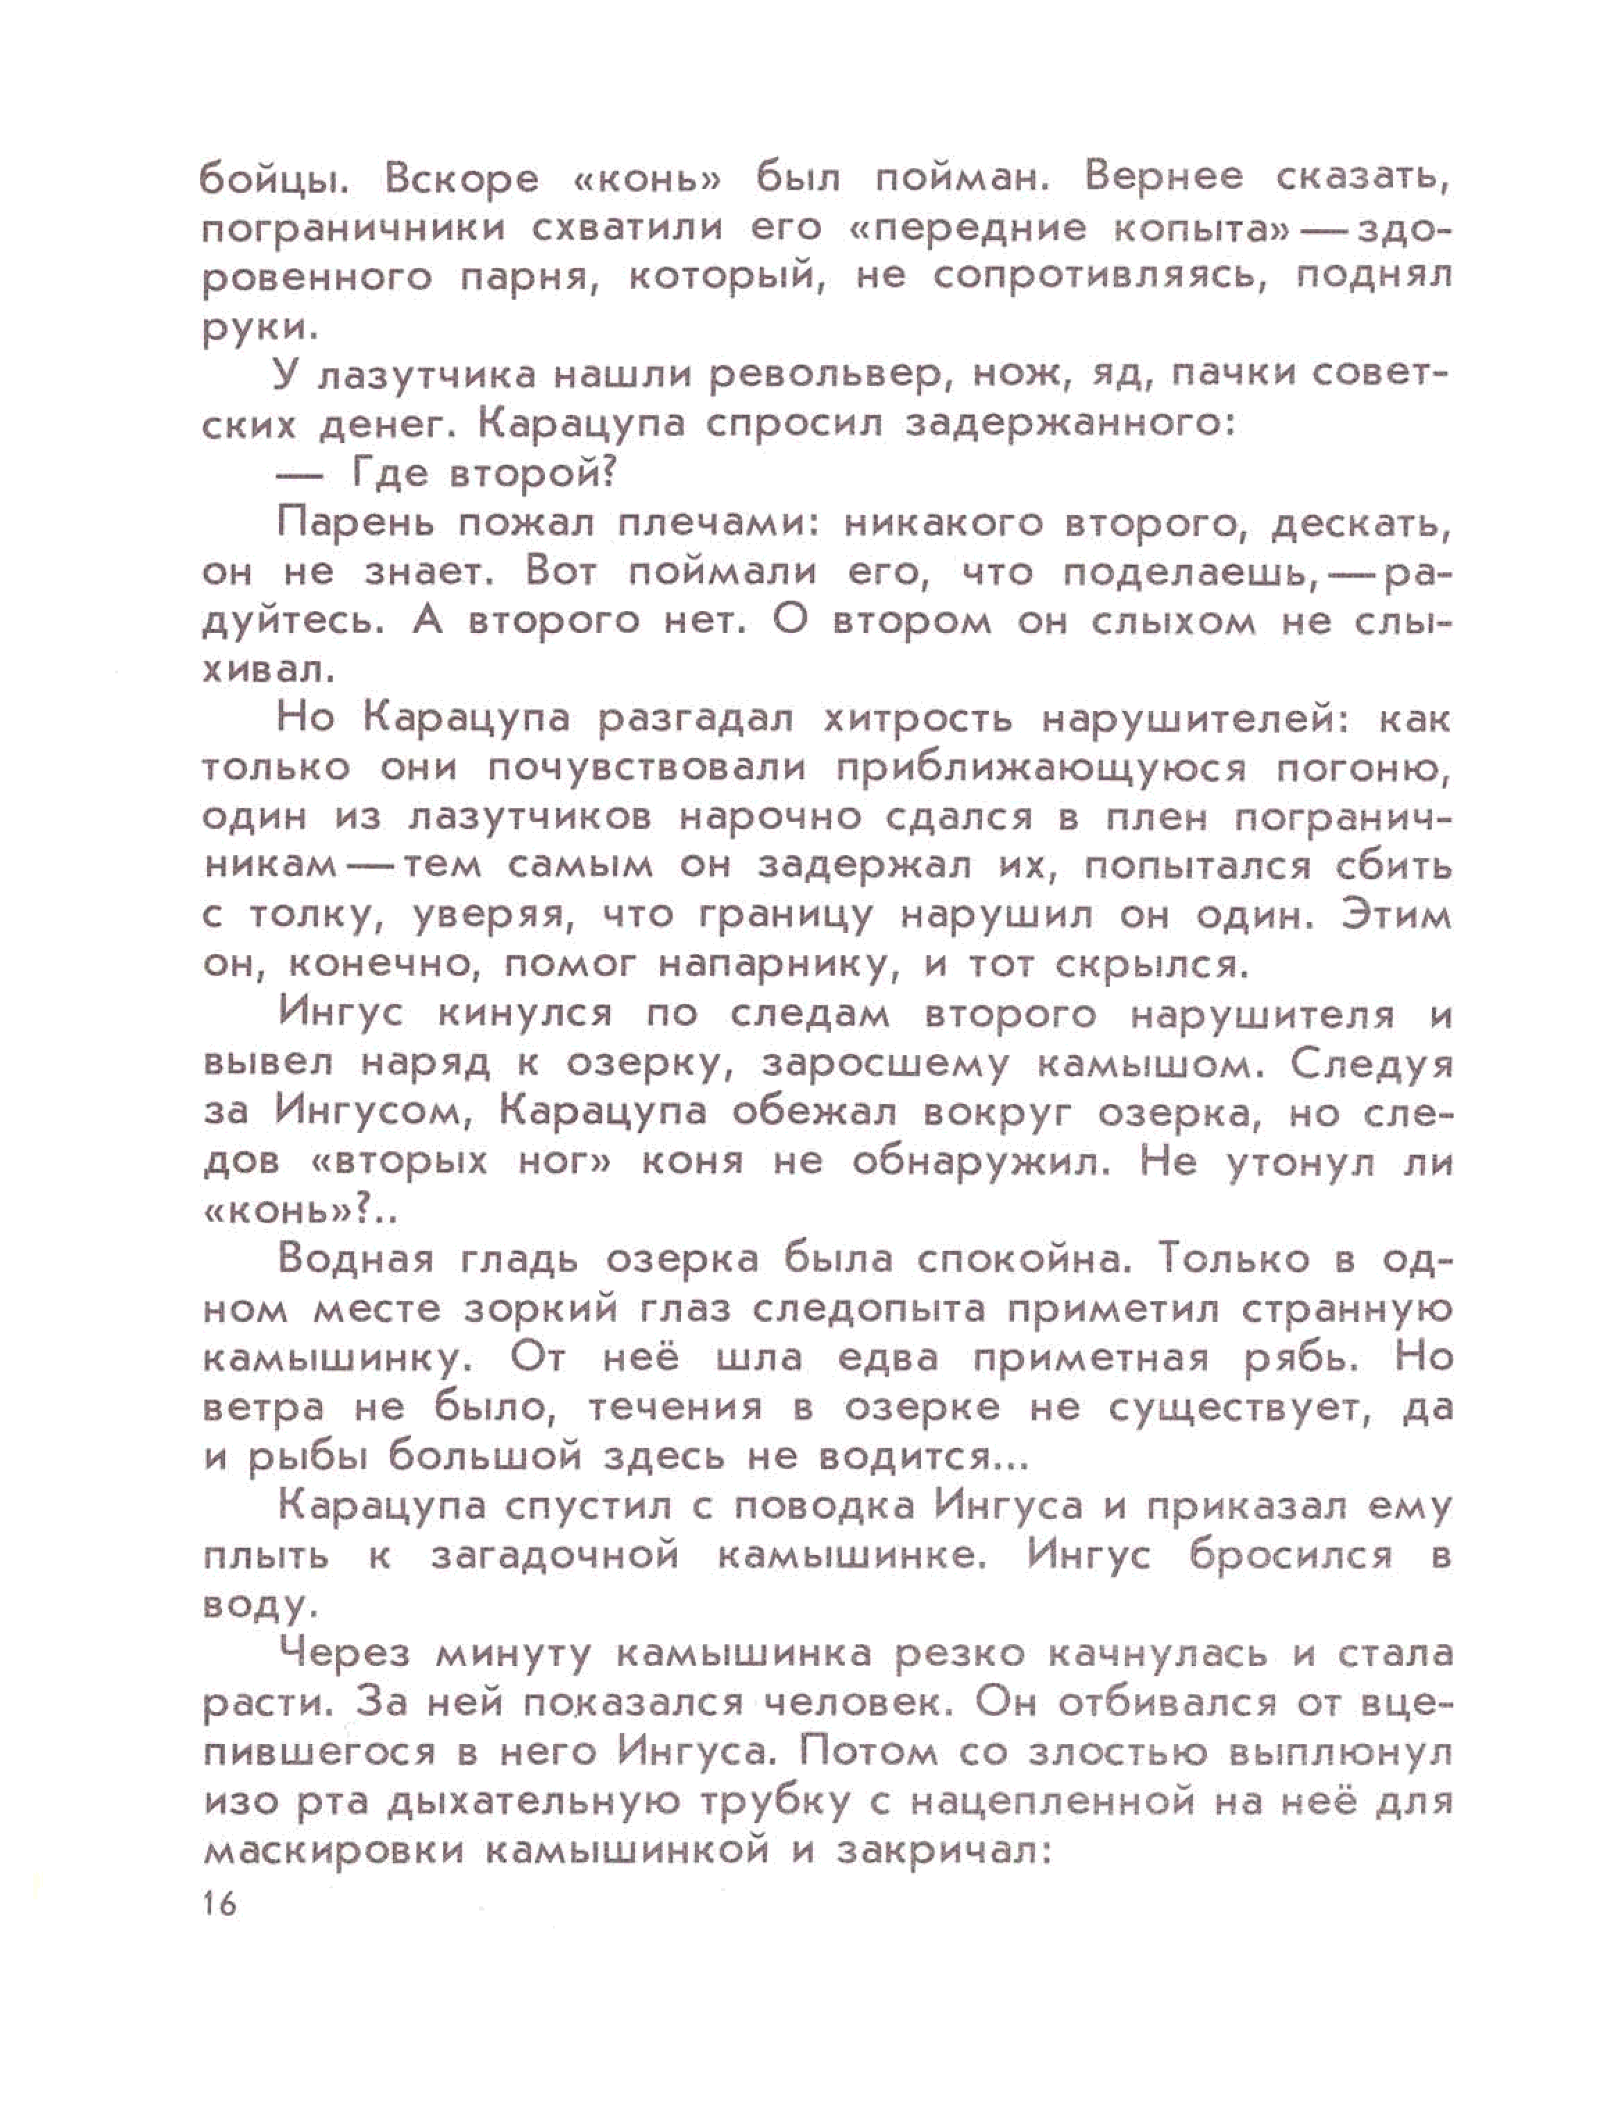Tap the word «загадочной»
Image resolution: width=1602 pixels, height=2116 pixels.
coord(555,1556)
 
